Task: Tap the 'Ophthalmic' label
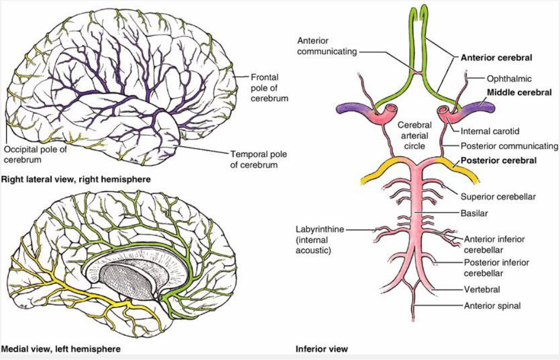coord(509,79)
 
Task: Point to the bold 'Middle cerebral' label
coord(519,93)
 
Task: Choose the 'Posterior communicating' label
coord(509,146)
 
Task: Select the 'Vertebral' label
coord(482,289)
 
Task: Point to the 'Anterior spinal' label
coord(492,305)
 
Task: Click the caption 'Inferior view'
coord(322,349)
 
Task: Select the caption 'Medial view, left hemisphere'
coord(61,349)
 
